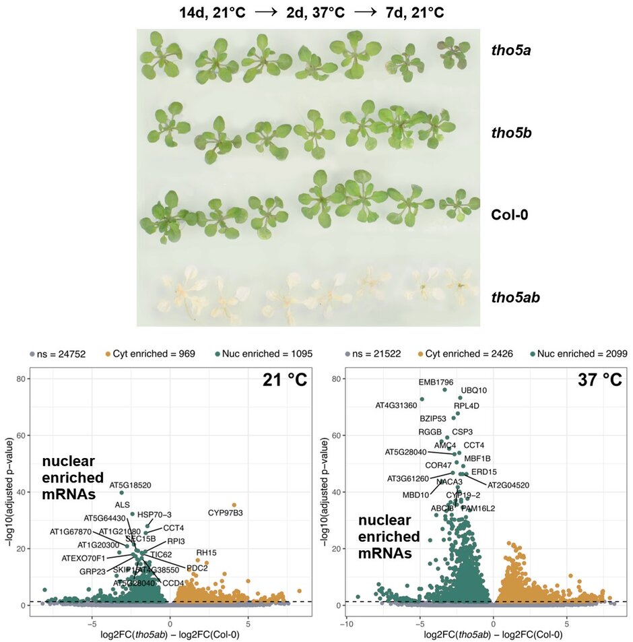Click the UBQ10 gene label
point(474,390)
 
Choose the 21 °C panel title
point(285,380)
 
